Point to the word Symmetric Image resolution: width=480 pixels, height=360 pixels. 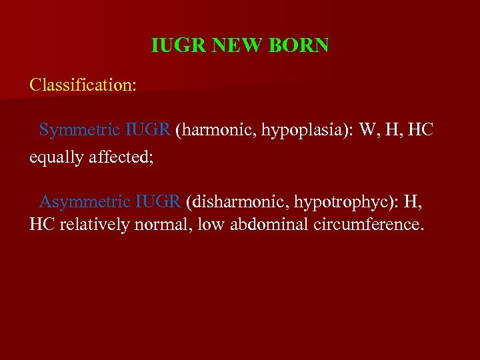tap(79, 130)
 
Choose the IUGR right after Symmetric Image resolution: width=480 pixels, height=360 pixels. tap(147, 129)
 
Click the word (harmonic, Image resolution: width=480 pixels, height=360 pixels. tap(214, 130)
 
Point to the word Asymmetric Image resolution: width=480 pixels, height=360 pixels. tap(85, 201)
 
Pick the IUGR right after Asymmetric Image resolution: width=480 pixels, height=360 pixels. tap(158, 200)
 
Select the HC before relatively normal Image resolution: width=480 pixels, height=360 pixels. tap(42, 224)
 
